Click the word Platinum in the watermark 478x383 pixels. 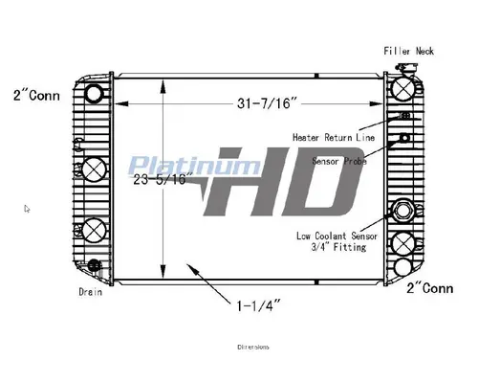pyautogui.click(x=177, y=166)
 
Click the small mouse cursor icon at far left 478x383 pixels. pyautogui.click(x=27, y=207)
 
